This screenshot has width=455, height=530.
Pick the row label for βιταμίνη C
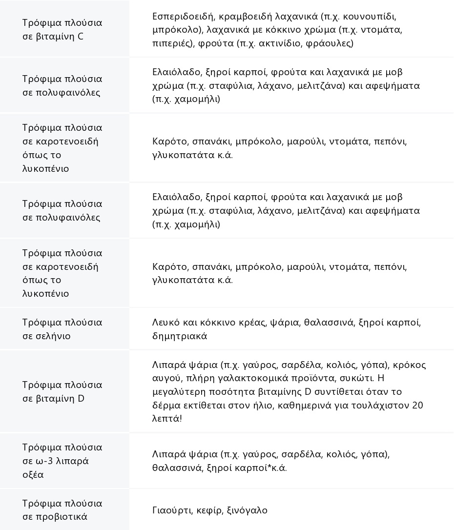click(62, 29)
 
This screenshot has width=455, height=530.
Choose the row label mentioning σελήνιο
click(62, 329)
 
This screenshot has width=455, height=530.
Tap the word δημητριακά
click(180, 336)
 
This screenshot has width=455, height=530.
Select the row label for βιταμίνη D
click(62, 391)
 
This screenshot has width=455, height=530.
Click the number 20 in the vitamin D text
click(417, 405)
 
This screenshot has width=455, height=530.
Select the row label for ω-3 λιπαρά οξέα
click(62, 461)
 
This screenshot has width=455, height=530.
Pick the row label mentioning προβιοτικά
click(62, 510)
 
